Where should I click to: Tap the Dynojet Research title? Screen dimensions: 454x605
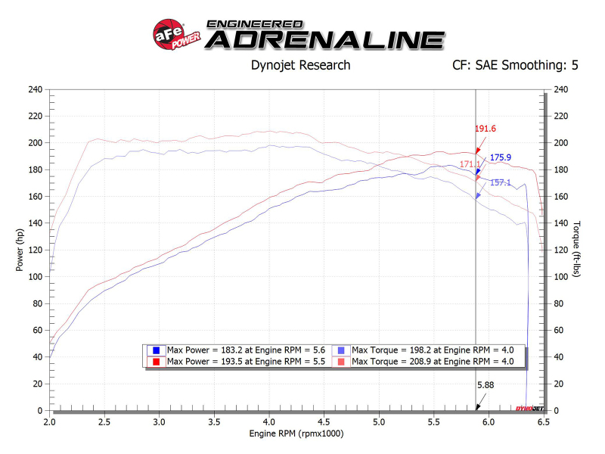tap(300, 65)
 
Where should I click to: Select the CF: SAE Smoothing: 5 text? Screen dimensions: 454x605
tap(515, 65)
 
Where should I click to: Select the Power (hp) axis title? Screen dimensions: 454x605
tap(20, 250)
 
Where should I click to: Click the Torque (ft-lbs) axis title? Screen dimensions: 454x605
tap(576, 250)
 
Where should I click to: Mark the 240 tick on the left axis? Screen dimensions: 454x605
tap(35, 89)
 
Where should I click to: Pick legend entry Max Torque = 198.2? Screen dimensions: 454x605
tap(423, 350)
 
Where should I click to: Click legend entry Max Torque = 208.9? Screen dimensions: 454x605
tap(423, 361)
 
